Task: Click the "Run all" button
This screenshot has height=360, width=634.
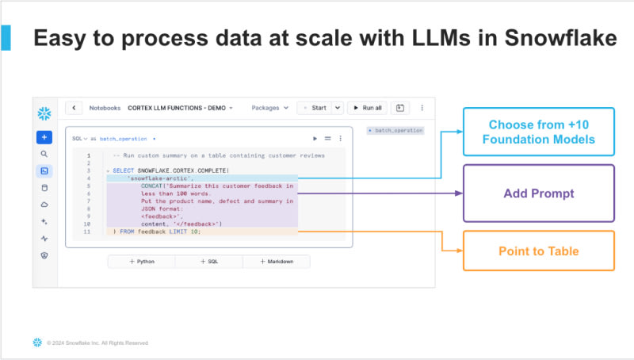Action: click(x=367, y=108)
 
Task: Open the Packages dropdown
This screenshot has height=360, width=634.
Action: click(x=269, y=108)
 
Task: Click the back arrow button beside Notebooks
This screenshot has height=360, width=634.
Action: click(x=74, y=108)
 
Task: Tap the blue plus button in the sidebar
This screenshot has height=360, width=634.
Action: click(x=44, y=136)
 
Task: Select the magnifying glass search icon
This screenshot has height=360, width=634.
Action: click(x=44, y=154)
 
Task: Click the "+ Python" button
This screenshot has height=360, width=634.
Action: click(x=142, y=261)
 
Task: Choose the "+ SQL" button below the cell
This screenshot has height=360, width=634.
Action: click(x=209, y=261)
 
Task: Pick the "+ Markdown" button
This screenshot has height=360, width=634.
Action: click(x=277, y=261)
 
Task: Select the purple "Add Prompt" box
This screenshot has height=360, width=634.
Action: click(x=538, y=193)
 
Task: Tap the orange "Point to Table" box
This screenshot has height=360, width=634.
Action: click(x=538, y=251)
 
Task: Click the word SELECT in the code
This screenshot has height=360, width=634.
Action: click(x=124, y=170)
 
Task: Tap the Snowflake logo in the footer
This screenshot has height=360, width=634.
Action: click(x=36, y=343)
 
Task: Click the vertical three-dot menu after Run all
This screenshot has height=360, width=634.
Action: click(x=422, y=108)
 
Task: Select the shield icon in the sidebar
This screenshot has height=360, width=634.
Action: click(x=44, y=255)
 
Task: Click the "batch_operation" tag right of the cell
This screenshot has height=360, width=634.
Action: click(x=396, y=130)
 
